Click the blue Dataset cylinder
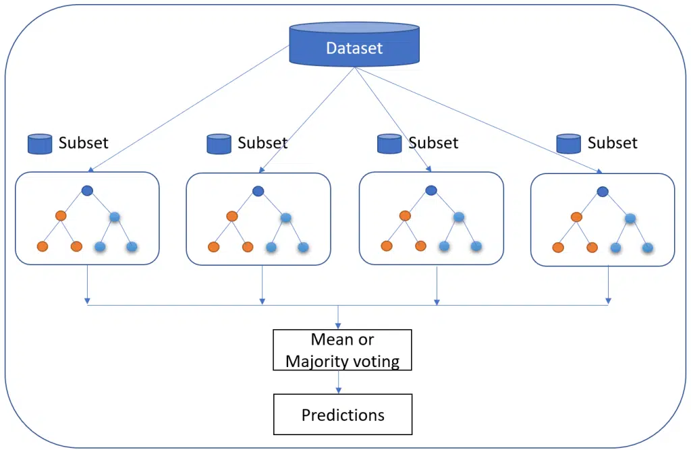click(354, 44)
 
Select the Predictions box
click(343, 414)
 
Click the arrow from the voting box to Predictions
click(339, 382)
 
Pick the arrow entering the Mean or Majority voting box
click(338, 317)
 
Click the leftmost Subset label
click(83, 143)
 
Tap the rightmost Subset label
click(613, 143)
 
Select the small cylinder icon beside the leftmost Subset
click(40, 144)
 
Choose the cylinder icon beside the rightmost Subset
click(568, 144)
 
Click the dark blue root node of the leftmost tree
click(87, 191)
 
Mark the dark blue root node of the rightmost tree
click(603, 192)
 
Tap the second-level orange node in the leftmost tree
click(61, 215)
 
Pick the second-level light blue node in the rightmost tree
click(630, 218)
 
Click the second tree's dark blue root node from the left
click(258, 192)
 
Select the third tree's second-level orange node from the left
click(405, 215)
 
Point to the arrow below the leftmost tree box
click(87, 284)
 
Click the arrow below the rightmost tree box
click(608, 285)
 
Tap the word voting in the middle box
click(375, 362)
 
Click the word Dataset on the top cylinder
click(354, 48)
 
